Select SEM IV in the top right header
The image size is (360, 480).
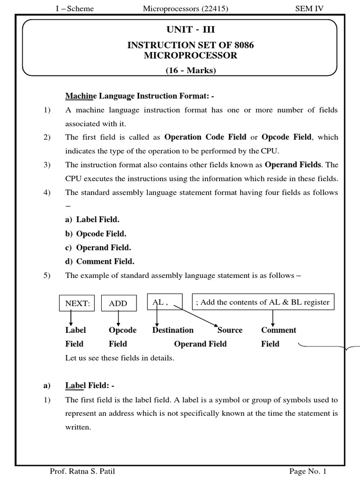pos(309,8)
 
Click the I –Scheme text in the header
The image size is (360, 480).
pos(74,8)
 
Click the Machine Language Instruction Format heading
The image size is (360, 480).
pos(139,96)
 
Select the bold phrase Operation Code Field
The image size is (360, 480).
pos(205,137)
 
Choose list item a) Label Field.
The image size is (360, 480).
pos(92,219)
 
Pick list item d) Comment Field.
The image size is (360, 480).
pos(99,261)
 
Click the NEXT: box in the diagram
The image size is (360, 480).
pos(77,303)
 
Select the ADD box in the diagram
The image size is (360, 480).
pos(118,303)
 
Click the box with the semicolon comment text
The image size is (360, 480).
pos(263,302)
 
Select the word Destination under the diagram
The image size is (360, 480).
pos(173,330)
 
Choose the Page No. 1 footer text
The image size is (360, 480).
pos(307,471)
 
